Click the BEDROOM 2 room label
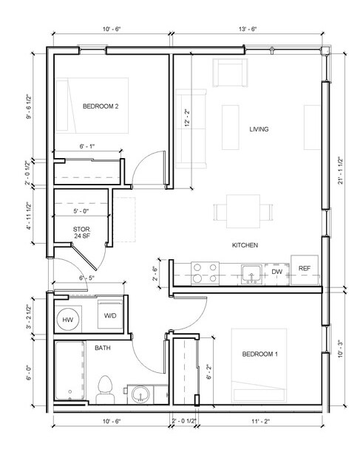(x=101, y=106)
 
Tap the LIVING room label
(x=259, y=129)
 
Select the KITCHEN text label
(x=245, y=245)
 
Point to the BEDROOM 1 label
(x=260, y=354)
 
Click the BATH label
(x=103, y=349)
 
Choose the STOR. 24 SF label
(x=82, y=233)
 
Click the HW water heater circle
(x=68, y=320)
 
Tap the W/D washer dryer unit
(x=110, y=315)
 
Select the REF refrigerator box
(x=305, y=270)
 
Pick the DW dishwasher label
(x=277, y=272)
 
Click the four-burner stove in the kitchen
(x=205, y=273)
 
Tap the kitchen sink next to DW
(x=251, y=274)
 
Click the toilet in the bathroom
(x=105, y=390)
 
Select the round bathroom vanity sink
(x=140, y=394)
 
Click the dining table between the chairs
(x=243, y=211)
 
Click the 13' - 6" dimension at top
(x=248, y=29)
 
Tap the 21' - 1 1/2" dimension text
(x=341, y=171)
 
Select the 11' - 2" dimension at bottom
(x=260, y=421)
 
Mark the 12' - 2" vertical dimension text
(x=188, y=117)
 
